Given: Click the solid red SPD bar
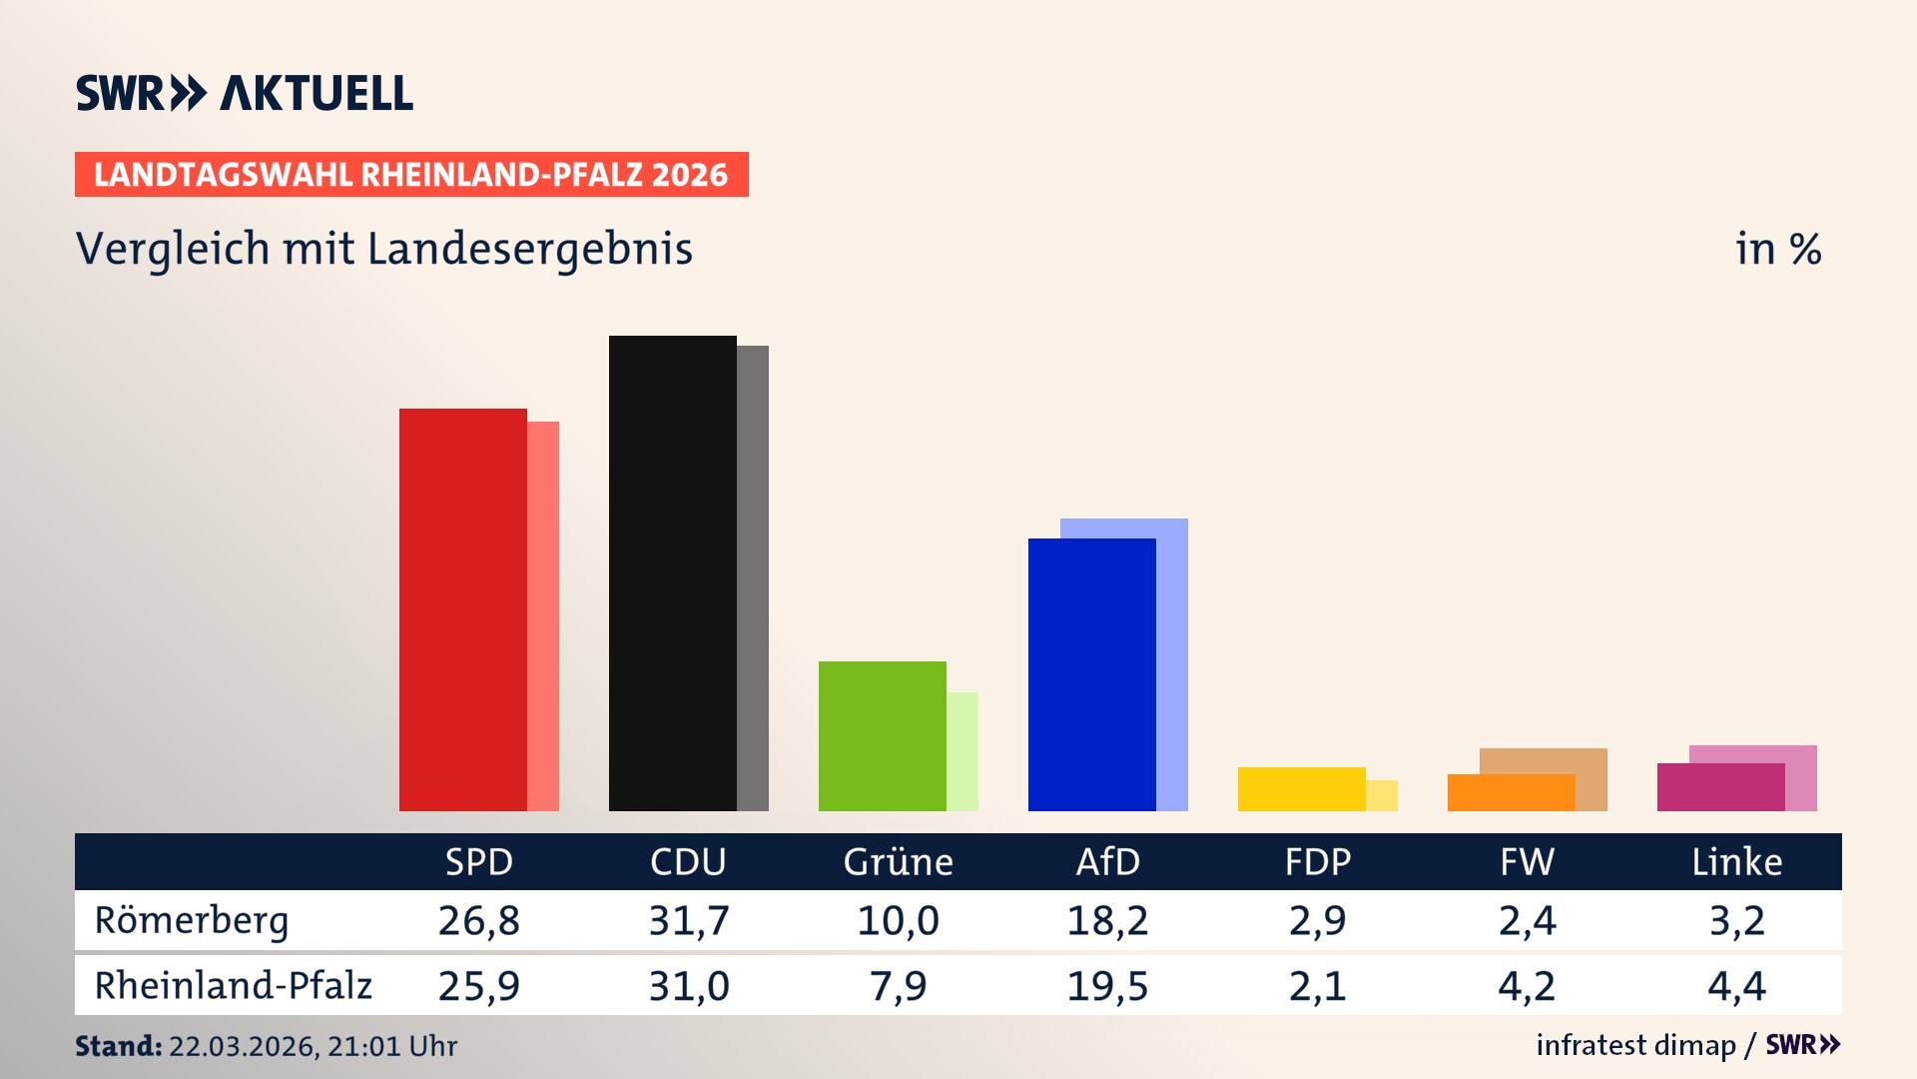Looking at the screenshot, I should [462, 609].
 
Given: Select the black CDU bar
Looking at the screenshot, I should [672, 573].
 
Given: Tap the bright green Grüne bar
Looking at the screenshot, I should [882, 736].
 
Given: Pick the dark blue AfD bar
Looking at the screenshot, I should [1091, 674].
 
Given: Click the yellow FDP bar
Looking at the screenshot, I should [1301, 789].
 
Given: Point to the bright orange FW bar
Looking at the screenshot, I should [1511, 793].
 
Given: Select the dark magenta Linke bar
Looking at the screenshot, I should [1720, 787].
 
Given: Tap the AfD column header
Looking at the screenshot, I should [1107, 861].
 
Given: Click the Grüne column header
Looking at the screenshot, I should [898, 861].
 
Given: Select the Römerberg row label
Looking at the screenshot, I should [192, 920].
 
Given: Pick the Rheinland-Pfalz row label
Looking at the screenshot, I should [233, 986].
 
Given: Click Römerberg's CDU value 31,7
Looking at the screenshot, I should [689, 920].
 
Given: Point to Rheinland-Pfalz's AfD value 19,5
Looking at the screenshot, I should [1107, 986].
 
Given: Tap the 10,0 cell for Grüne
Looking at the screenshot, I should [898, 920].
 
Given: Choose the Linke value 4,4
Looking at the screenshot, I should [1736, 986].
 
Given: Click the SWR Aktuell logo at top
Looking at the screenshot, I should [245, 93].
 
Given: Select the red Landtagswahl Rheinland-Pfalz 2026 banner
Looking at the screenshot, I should [411, 175].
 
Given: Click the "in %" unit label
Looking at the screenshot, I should [1777, 249].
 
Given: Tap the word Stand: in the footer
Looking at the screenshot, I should [118, 1046].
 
